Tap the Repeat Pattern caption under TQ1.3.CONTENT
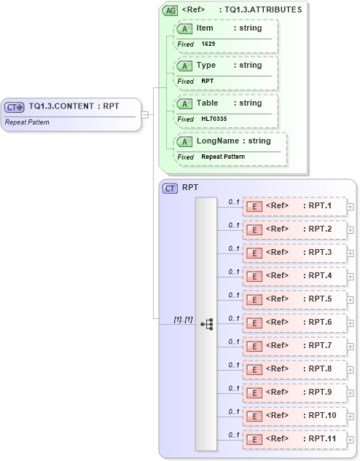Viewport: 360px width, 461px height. (x=27, y=122)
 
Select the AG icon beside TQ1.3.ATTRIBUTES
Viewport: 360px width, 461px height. (x=169, y=10)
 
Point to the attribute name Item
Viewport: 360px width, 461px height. (x=205, y=27)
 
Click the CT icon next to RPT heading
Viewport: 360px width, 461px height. (x=170, y=188)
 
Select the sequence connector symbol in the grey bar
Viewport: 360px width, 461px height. (x=206, y=324)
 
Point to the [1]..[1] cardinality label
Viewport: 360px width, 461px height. (x=184, y=319)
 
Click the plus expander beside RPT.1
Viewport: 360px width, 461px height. (x=351, y=206)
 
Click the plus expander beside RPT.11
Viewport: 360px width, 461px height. (x=351, y=439)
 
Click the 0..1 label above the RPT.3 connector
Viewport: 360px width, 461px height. (x=234, y=248)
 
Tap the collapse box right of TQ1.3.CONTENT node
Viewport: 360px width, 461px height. (x=145, y=114)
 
